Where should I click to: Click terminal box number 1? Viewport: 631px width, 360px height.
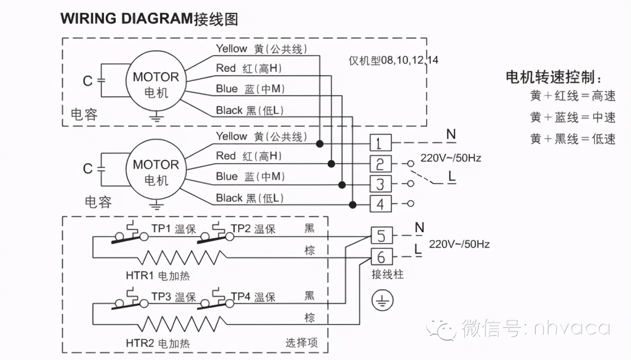click(x=381, y=144)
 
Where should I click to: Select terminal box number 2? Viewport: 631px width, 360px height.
click(x=381, y=164)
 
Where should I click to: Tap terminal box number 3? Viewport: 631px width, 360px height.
click(x=381, y=184)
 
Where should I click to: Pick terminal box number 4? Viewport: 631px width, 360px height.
click(x=381, y=204)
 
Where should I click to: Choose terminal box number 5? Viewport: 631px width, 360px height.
click(x=381, y=236)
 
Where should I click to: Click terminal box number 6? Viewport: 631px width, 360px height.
click(x=381, y=257)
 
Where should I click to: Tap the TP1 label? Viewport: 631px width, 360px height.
click(x=161, y=229)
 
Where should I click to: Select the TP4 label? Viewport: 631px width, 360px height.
click(x=241, y=296)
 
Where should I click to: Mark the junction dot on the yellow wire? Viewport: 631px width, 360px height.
click(x=320, y=144)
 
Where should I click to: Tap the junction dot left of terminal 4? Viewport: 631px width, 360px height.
click(x=352, y=204)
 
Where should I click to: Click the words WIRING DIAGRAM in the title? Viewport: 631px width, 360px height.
click(x=125, y=19)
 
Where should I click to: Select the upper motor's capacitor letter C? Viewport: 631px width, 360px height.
click(x=88, y=81)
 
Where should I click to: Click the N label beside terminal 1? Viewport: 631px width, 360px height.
click(x=450, y=134)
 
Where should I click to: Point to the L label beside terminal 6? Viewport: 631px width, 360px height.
click(x=418, y=250)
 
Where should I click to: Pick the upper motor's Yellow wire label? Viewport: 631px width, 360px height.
click(x=231, y=48)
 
